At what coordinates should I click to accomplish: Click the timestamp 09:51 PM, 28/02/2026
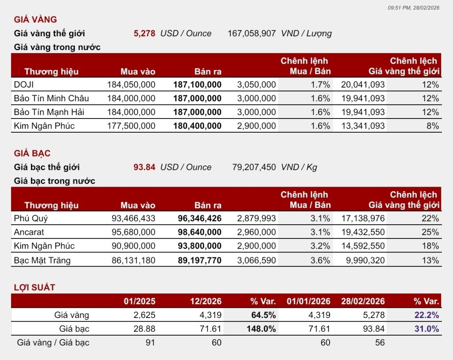pyautogui.click(x=414, y=8)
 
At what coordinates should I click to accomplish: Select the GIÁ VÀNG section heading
pyautogui.click(x=35, y=19)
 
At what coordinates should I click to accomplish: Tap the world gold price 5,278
pyautogui.click(x=144, y=33)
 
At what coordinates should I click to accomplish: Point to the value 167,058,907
pyautogui.click(x=252, y=33)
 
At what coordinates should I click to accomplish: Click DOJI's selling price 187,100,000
pyautogui.click(x=197, y=84)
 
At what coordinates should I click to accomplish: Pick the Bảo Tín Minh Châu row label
pyautogui.click(x=51, y=98)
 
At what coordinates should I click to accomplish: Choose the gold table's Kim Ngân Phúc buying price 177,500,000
pyautogui.click(x=131, y=126)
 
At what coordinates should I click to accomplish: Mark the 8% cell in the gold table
pyautogui.click(x=433, y=126)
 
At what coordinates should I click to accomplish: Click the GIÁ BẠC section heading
pyautogui.click(x=32, y=153)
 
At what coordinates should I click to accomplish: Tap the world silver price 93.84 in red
pyautogui.click(x=144, y=167)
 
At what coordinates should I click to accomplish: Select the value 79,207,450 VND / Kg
pyautogui.click(x=274, y=167)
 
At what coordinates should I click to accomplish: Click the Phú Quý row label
pyautogui.click(x=31, y=218)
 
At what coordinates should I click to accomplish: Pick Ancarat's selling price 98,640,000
pyautogui.click(x=200, y=232)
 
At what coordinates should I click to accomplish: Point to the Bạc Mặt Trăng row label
pyautogui.click(x=42, y=260)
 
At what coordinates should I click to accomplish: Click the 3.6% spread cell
pyautogui.click(x=320, y=260)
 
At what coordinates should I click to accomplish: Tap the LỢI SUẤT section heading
pyautogui.click(x=35, y=287)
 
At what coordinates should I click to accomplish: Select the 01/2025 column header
pyautogui.click(x=139, y=301)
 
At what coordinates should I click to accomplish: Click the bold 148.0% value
pyautogui.click(x=261, y=329)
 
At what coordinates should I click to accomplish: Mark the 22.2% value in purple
pyautogui.click(x=427, y=315)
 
